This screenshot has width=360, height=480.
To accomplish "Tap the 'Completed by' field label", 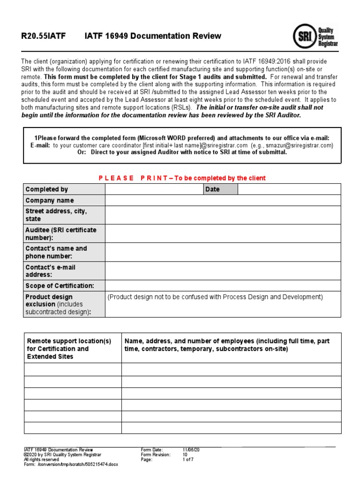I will pyautogui.click(x=47, y=189).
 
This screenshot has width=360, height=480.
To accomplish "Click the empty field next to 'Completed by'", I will pyautogui.click(x=154, y=189).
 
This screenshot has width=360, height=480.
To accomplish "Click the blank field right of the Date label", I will pyautogui.click(x=289, y=189).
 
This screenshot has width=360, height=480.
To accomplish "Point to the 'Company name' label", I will pyautogui.click(x=50, y=201).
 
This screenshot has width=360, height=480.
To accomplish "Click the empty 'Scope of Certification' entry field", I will pyautogui.click(x=223, y=285).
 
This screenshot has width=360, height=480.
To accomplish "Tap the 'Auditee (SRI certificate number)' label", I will pyautogui.click(x=61, y=233).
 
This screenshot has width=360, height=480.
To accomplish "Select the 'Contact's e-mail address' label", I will pyautogui.click(x=50, y=271).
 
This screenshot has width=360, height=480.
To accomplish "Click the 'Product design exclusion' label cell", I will pyautogui.click(x=58, y=304).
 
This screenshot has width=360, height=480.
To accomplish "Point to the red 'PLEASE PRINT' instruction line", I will pyautogui.click(x=182, y=178).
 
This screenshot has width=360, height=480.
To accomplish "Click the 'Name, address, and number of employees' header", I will pyautogui.click(x=227, y=345).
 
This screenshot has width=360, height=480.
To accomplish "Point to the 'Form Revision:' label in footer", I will pyautogui.click(x=156, y=455).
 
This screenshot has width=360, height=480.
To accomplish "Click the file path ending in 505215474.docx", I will pyautogui.click(x=71, y=465).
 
